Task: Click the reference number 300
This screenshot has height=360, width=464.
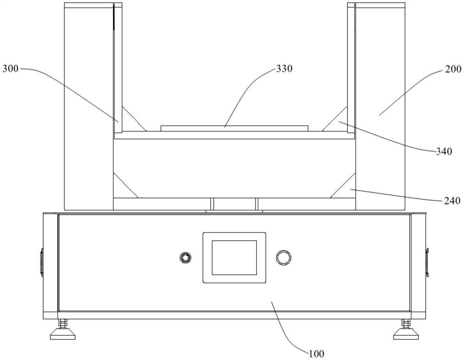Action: [10, 69]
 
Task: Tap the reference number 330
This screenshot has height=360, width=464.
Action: [284, 69]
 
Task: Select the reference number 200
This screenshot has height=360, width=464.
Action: [453, 69]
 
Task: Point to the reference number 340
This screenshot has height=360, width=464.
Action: [444, 151]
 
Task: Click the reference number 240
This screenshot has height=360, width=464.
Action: [452, 201]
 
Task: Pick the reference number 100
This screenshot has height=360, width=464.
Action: [316, 354]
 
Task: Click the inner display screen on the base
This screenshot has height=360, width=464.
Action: [234, 257]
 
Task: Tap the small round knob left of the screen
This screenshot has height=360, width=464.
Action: [186, 257]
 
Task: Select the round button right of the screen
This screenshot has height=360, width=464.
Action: [284, 257]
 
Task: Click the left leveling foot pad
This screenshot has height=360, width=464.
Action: [63, 336]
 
